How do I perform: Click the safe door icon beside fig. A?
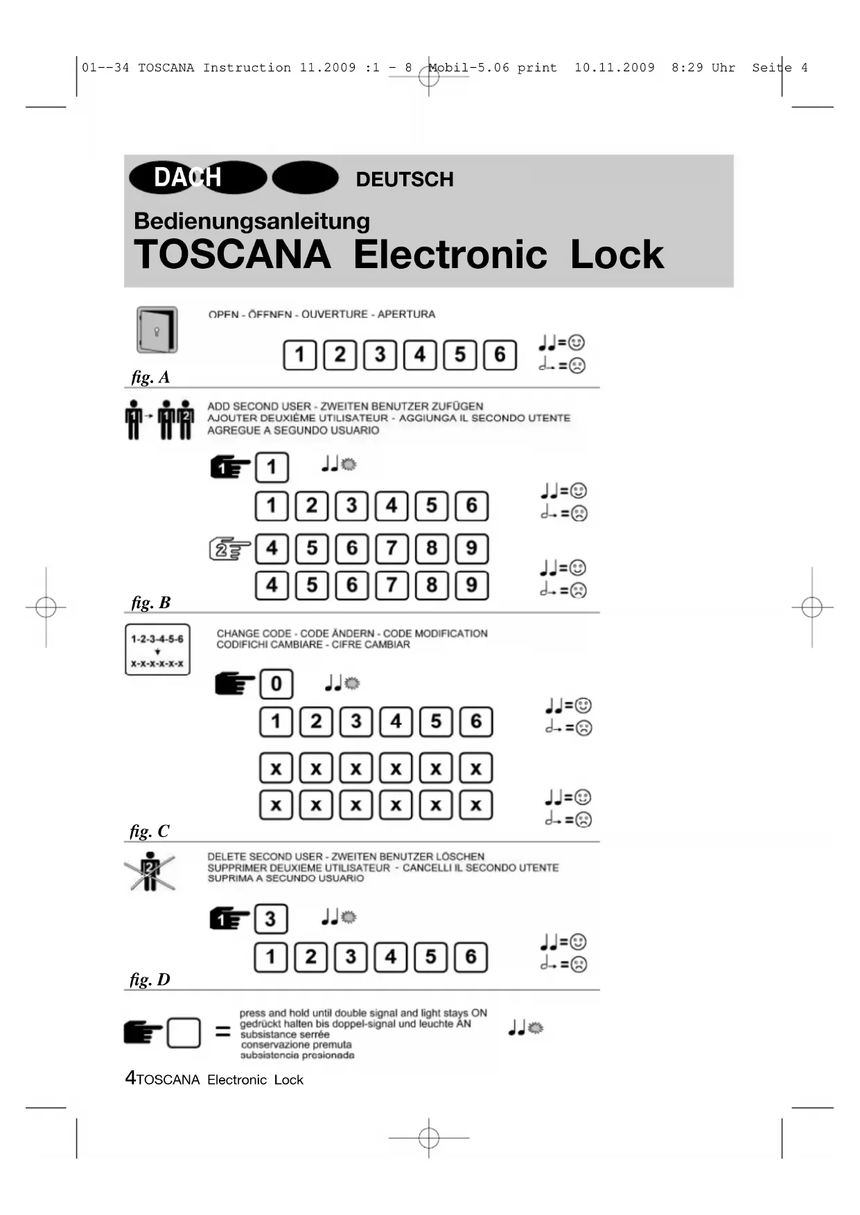157,330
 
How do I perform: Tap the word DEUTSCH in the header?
405,179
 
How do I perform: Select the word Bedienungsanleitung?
252,221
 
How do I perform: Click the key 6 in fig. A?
500,355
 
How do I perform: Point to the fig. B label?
150,603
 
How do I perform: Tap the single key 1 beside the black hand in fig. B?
272,468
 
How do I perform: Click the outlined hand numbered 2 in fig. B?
229,549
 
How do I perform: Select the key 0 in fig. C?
276,684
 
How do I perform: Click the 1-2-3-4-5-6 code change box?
157,650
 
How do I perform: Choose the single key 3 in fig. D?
270,919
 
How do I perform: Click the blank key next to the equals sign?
184,1033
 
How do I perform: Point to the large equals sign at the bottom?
222,1032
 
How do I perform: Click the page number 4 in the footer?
130,1078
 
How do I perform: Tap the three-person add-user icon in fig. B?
159,420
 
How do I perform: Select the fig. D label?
150,979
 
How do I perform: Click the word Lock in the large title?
617,255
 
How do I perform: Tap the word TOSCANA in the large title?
232,255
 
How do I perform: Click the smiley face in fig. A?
577,343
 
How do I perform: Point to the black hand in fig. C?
234,684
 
